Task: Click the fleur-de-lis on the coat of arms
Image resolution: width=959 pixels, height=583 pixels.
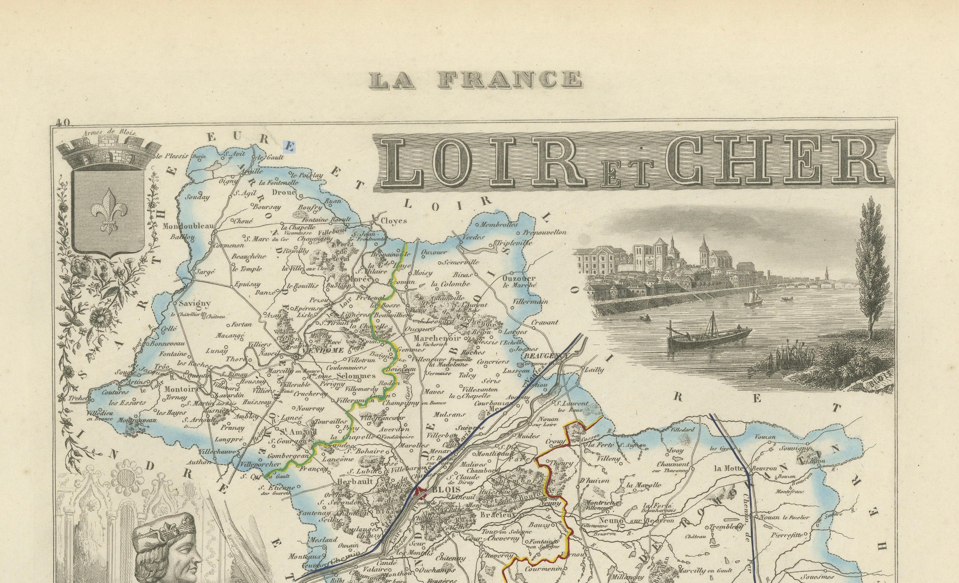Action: [109, 209]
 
